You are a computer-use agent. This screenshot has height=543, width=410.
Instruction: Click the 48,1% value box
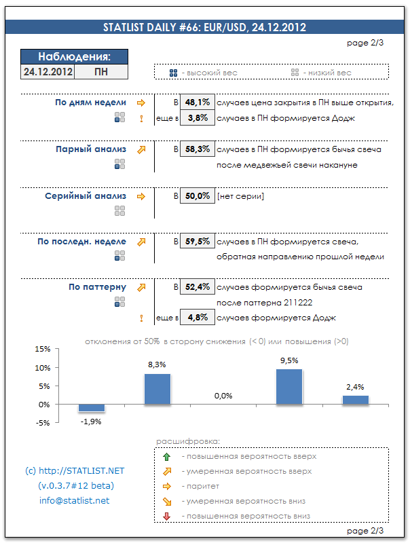coord(198,102)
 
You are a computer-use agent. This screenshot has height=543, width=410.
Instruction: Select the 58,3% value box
coord(198,149)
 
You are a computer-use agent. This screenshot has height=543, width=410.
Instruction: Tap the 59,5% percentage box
coord(198,241)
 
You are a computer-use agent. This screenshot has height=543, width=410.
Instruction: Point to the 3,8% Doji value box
coord(198,118)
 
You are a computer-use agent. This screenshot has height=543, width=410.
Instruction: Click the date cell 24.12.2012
coord(48,71)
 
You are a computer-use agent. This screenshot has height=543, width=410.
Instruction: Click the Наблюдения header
coord(74,57)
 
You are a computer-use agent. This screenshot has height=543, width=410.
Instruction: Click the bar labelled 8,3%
coord(157,389)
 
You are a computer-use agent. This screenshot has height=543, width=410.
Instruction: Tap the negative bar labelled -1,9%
coord(91,408)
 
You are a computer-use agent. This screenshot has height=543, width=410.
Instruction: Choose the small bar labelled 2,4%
coord(355,400)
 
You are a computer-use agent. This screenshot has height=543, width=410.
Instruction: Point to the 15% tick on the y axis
coord(42,350)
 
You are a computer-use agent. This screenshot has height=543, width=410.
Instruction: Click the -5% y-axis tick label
coord(42,423)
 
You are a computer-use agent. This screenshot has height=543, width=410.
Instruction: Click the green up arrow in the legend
coord(167,456)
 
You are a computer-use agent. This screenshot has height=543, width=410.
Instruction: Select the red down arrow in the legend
coord(167,517)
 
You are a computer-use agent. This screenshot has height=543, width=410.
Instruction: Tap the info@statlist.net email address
coord(74,501)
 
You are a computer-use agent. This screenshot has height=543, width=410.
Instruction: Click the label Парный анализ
coord(91,149)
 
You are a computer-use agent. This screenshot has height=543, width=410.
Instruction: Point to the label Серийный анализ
coord(86,196)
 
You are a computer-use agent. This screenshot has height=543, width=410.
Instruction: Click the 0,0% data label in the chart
coord(223,396)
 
